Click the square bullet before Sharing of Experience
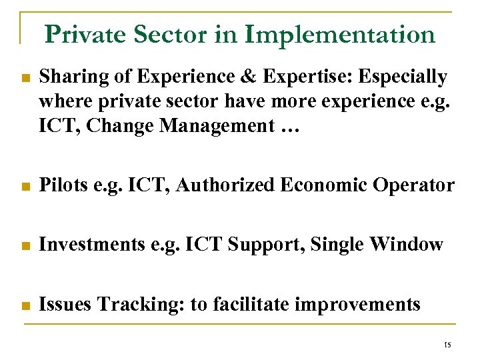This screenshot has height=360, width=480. click(25, 78)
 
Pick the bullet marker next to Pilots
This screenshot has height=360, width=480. click(25, 187)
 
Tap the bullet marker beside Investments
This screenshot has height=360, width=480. click(25, 246)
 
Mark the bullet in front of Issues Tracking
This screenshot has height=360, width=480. click(25, 305)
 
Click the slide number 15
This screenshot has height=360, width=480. click(447, 345)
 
